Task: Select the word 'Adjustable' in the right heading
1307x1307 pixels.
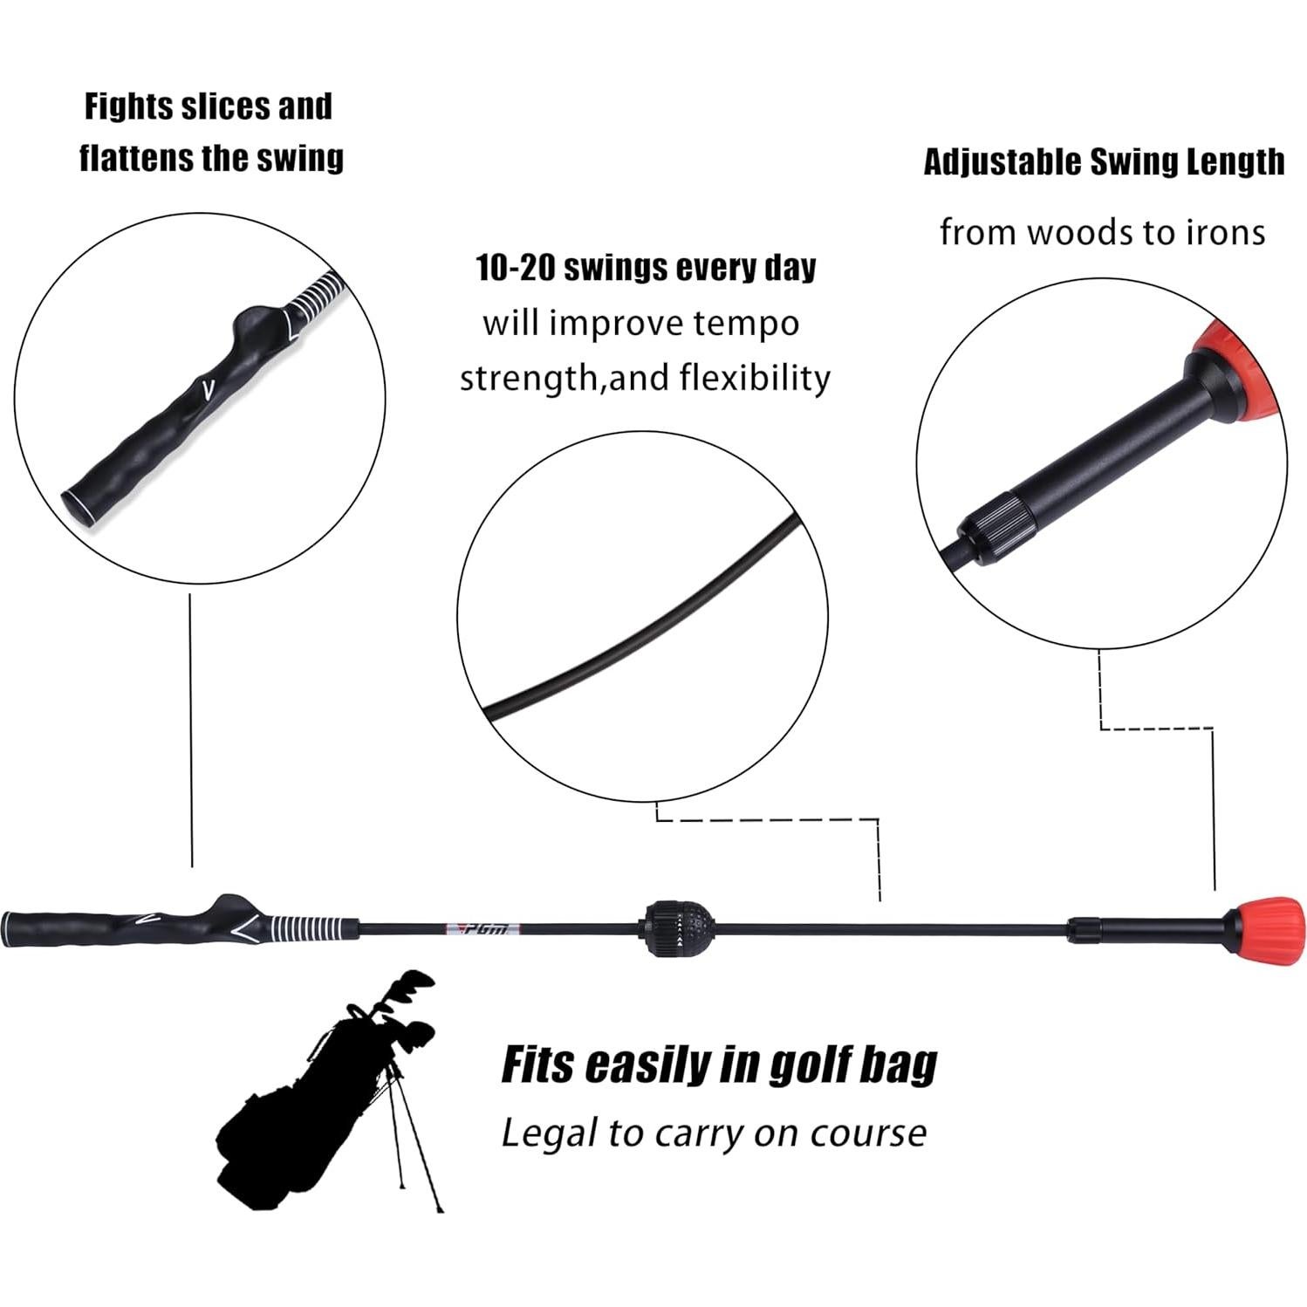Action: click(1003, 162)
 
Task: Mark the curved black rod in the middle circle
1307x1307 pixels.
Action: click(646, 619)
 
